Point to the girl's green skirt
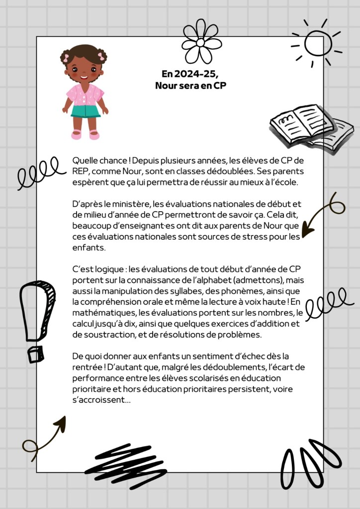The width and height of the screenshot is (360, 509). (85, 111)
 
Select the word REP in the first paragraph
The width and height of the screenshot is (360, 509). (81, 171)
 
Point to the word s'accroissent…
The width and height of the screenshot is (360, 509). (101, 401)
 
